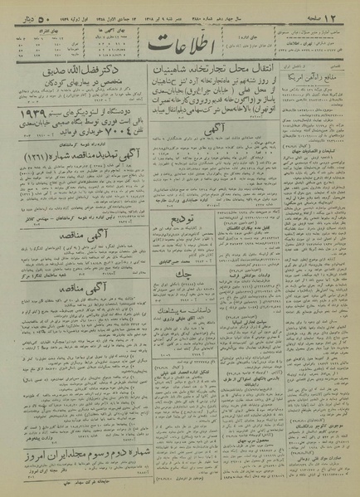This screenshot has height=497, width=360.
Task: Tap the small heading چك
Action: point(179,271)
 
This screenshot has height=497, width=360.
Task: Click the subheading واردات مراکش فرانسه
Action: point(239,275)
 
